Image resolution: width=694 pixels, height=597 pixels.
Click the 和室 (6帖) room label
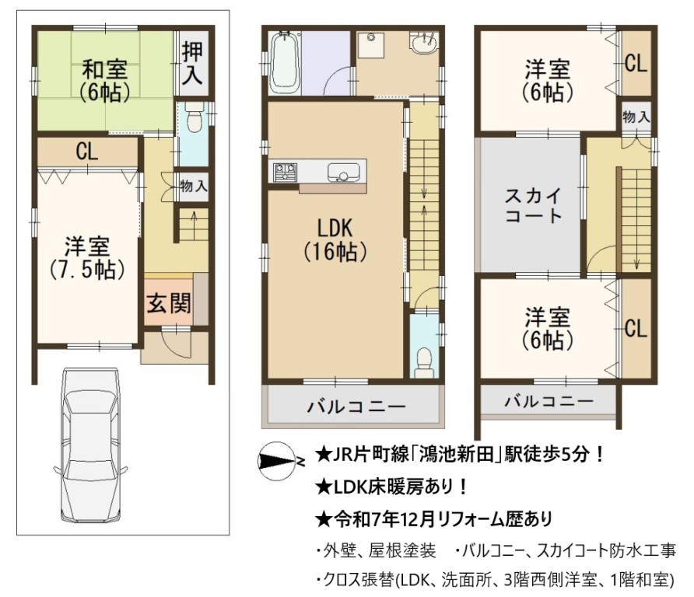105,80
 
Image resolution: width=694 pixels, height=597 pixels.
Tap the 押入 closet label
192,62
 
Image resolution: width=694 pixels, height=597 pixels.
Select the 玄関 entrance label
169,303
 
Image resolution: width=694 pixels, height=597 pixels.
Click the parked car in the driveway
91,445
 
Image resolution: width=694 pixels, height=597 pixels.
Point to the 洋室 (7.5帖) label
87,258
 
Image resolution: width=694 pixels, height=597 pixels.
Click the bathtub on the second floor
285,63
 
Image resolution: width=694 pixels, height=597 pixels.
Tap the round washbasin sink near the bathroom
424,44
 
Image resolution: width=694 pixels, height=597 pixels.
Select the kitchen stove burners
285,172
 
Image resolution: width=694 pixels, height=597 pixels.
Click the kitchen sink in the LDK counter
343,172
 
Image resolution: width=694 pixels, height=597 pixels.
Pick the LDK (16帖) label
335,239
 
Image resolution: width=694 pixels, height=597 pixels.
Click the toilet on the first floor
194,117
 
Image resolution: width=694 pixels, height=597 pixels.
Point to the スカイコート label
533,205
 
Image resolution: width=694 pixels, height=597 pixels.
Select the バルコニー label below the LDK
356,407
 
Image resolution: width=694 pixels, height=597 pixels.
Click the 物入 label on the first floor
194,186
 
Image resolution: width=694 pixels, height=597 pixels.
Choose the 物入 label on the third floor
636,117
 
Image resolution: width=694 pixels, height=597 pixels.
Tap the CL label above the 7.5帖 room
87,151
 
